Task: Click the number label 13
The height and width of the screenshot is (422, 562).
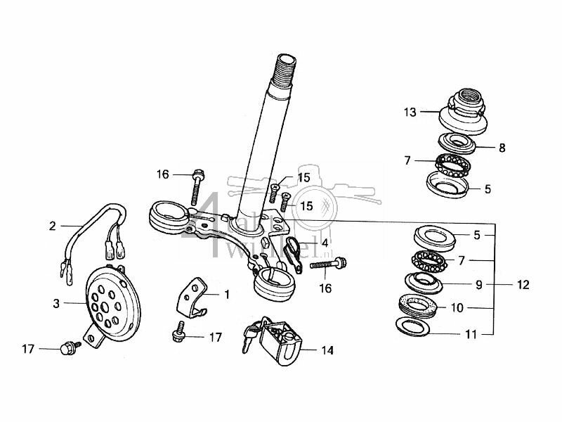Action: [x=410, y=112]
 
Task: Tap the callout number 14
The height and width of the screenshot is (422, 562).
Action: [x=327, y=350]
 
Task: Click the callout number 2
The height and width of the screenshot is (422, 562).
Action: [x=52, y=226]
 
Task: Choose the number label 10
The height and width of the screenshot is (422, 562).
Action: [x=477, y=307]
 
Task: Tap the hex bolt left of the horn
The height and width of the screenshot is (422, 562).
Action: [x=70, y=347]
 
